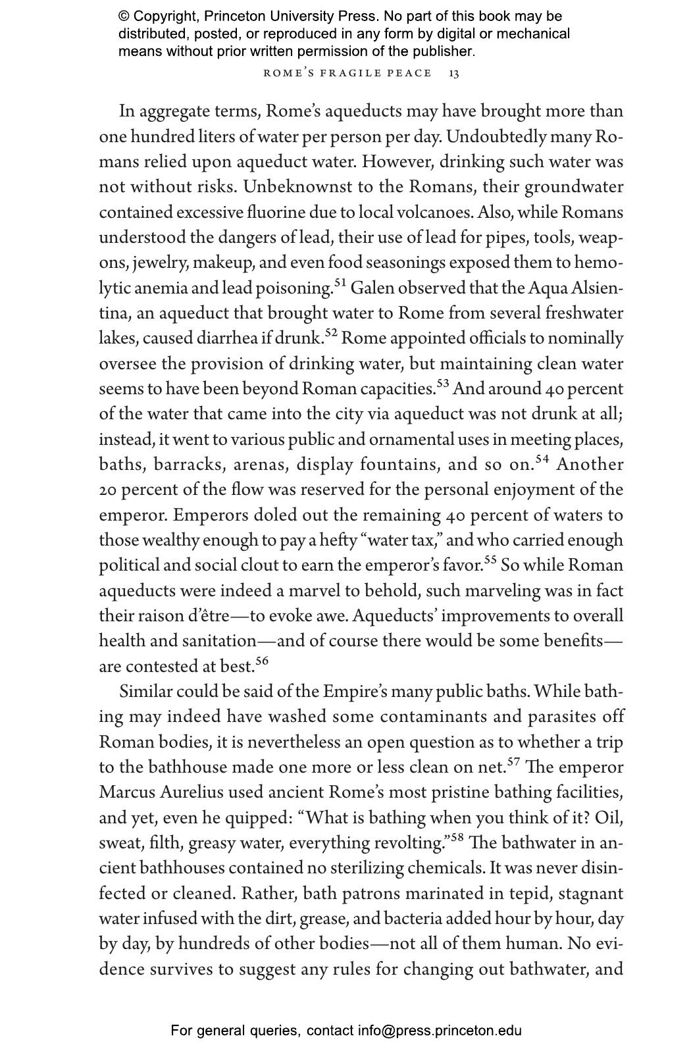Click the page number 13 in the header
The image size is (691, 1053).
[454, 73]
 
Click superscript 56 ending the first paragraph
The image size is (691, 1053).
[262, 661]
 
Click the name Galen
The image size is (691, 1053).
[373, 288]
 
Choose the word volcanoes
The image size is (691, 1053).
[440, 213]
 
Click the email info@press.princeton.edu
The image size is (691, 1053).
[440, 1031]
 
